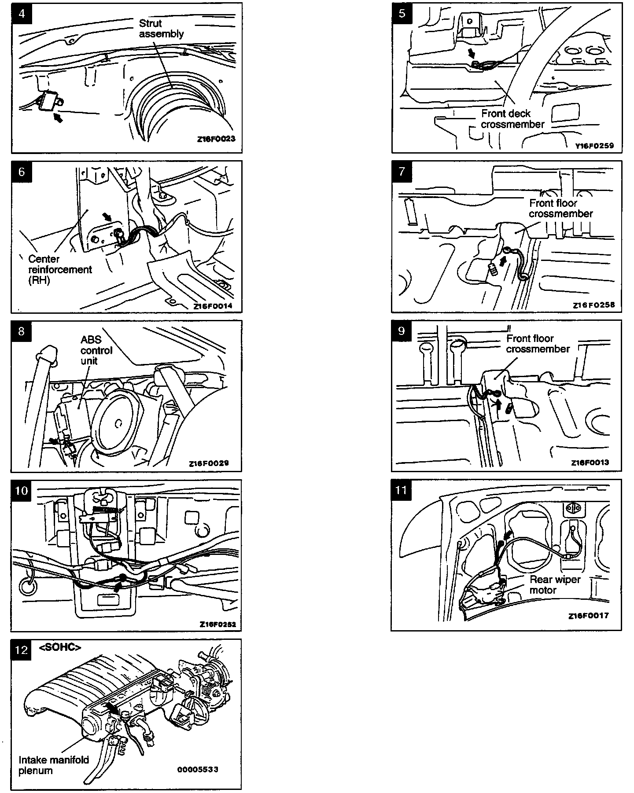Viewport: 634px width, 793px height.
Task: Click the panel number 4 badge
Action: click(x=22, y=13)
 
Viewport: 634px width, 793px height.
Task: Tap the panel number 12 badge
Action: click(x=22, y=650)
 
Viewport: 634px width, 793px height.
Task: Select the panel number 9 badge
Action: click(x=402, y=330)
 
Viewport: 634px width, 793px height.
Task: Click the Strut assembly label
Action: click(x=161, y=29)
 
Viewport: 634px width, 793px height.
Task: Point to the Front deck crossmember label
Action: click(x=512, y=119)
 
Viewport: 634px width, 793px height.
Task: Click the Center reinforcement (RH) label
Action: click(x=60, y=269)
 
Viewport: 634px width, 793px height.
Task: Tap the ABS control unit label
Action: click(x=96, y=350)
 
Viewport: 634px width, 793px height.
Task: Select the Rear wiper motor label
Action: click(x=555, y=585)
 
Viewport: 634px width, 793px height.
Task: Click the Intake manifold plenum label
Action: click(x=54, y=765)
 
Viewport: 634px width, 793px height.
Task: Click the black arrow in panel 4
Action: click(x=57, y=117)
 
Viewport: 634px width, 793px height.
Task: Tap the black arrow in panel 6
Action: click(x=107, y=217)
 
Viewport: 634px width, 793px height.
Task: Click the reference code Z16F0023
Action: click(x=216, y=139)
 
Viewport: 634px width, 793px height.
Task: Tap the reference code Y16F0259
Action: click(x=594, y=145)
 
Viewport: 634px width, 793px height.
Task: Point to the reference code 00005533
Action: click(x=198, y=770)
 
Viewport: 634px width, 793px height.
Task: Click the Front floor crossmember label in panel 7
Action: click(x=560, y=208)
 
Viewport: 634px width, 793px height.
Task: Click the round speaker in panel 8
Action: click(x=117, y=423)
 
